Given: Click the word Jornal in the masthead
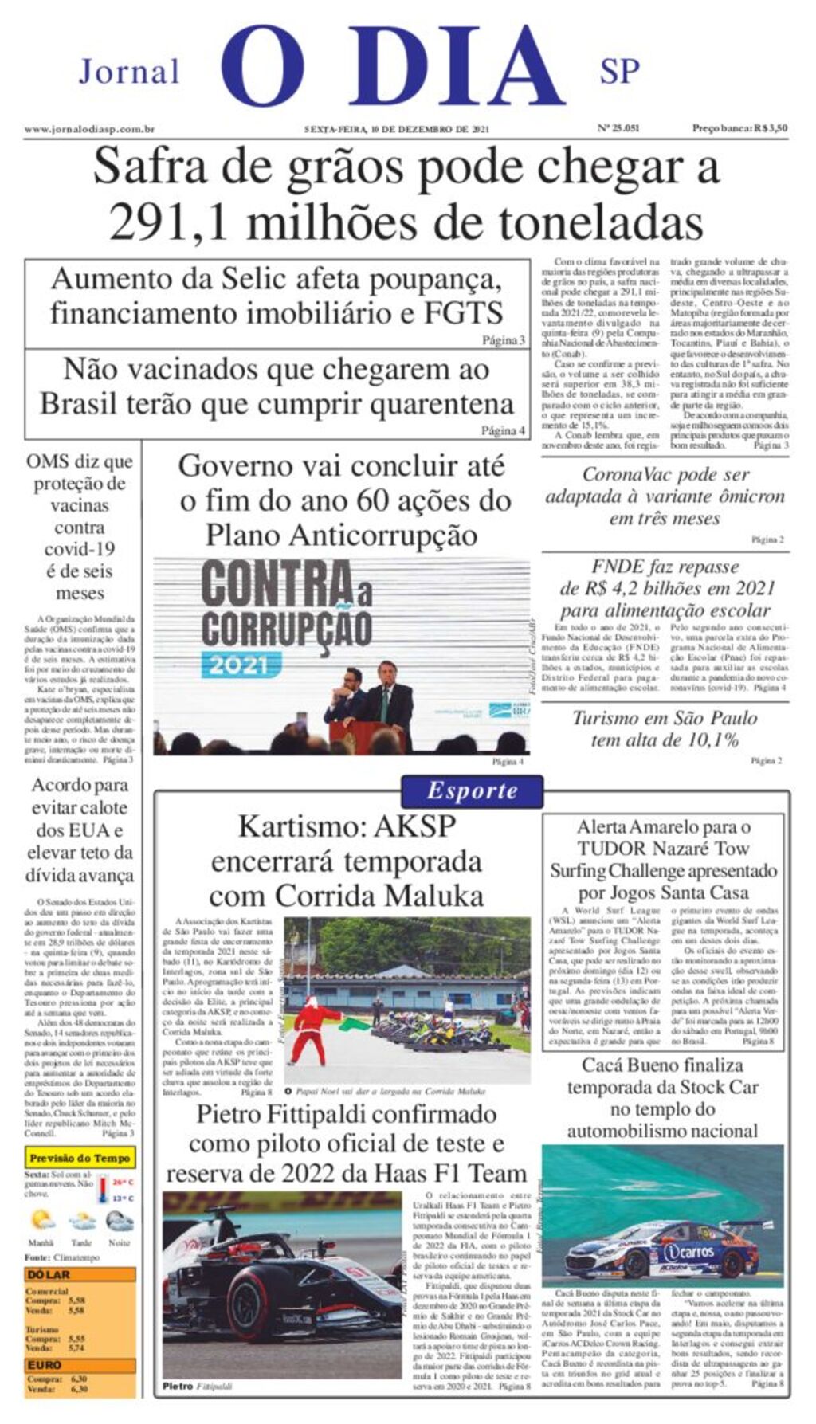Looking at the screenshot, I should coord(129,73).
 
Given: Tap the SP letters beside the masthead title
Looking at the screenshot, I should coord(619,73).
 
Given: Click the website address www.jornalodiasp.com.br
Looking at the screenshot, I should coord(89,128).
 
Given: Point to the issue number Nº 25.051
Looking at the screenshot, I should coord(618,128).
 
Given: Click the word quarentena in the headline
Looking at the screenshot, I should coord(426,405).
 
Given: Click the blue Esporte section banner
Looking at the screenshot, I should coord(472,791).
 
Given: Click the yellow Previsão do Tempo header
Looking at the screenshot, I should coord(80,1158).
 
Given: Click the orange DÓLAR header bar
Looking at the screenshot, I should coord(80,1274).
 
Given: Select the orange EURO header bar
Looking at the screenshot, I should coord(80,1365).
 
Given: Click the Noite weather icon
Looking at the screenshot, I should coord(120,1221).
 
